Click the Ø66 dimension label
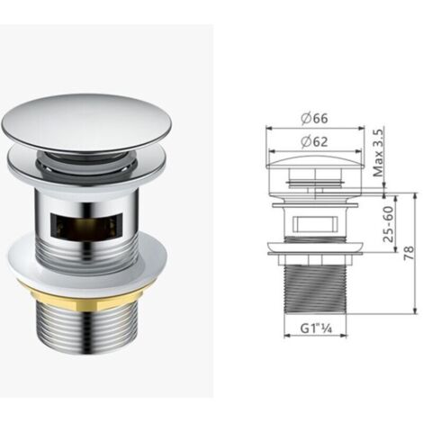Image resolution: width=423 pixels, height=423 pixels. pyautogui.click(x=314, y=119)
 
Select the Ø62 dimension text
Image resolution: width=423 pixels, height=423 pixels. pyautogui.click(x=314, y=141)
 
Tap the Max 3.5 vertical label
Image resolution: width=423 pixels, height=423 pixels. pyautogui.click(x=378, y=153)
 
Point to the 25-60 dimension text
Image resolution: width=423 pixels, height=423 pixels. pyautogui.click(x=388, y=224)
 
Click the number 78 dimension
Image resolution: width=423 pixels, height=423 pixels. pyautogui.click(x=409, y=253)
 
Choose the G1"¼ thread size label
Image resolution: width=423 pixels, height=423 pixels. pyautogui.click(x=316, y=328)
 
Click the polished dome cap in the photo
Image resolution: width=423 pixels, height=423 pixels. pyautogui.click(x=87, y=123)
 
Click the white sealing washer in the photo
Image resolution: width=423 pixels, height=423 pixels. pyautogui.click(x=87, y=264)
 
